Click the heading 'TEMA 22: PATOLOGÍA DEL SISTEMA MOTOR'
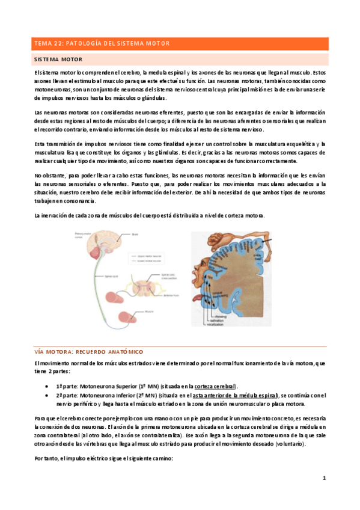pyautogui.click(x=102, y=43)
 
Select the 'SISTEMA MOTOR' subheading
pyautogui.click(x=58, y=60)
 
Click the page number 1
pyautogui.click(x=323, y=478)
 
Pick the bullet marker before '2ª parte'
pyautogui.click(x=47, y=395)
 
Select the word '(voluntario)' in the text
pyautogui.click(x=288, y=444)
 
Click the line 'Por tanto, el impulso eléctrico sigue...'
pyautogui.click(x=104, y=458)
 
